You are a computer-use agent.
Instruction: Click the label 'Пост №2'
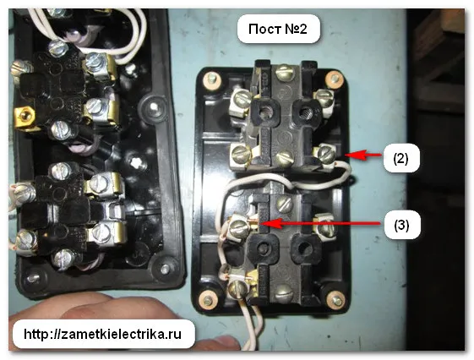[278, 29]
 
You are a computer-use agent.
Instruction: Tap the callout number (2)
[401, 158]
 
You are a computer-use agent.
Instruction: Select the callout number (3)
[401, 225]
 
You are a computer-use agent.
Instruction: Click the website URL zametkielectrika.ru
[103, 334]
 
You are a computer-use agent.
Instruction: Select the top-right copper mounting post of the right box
[334, 79]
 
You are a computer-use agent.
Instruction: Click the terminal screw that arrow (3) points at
[239, 226]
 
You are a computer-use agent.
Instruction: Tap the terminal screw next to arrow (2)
[326, 153]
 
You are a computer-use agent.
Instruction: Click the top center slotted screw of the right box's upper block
[285, 72]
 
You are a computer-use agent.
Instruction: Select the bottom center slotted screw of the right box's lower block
[285, 292]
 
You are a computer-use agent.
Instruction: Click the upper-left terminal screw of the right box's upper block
[242, 99]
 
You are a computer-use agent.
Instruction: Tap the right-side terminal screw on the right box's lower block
[324, 226]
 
